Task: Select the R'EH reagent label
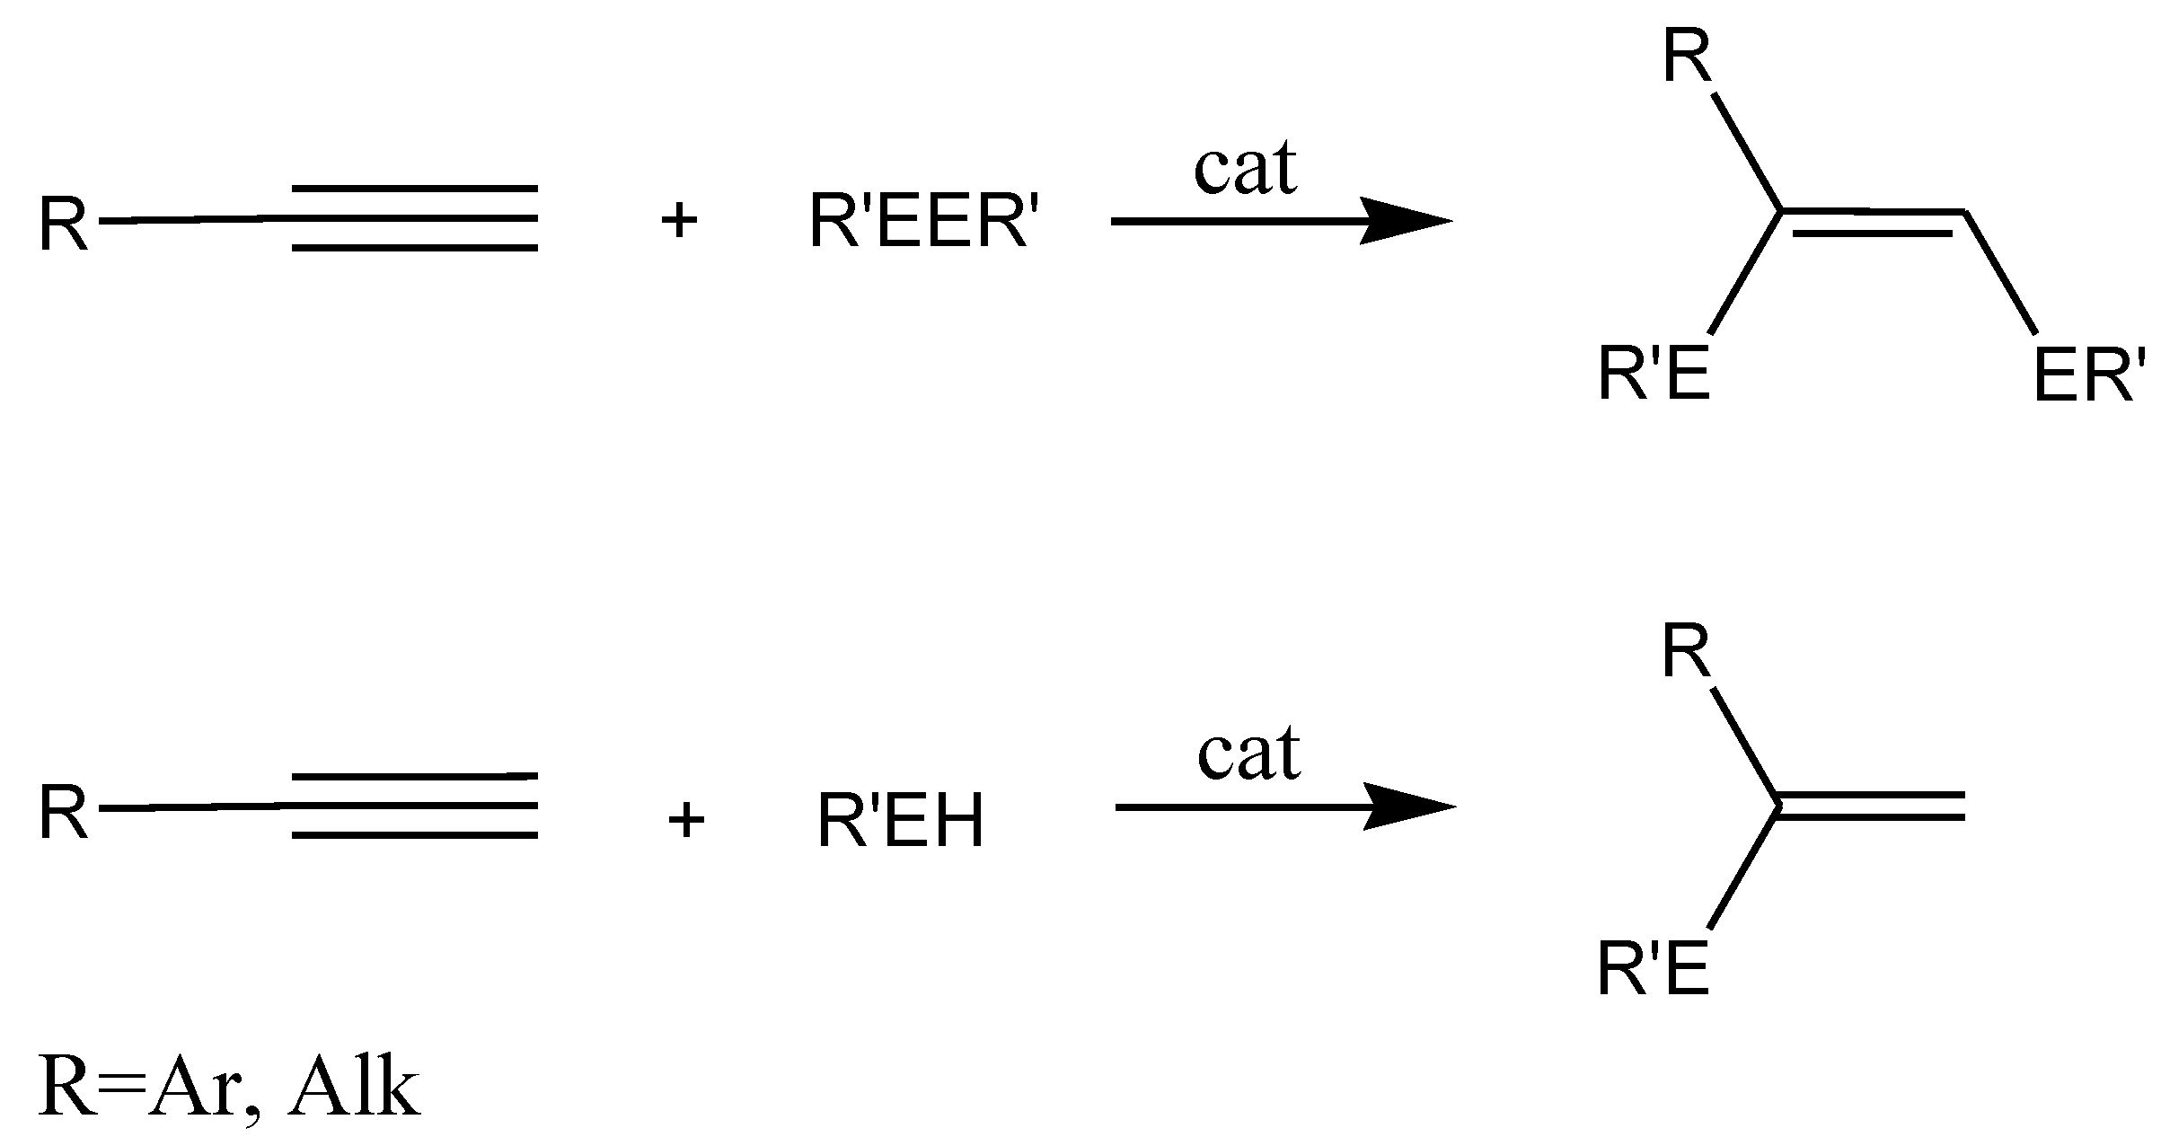pos(900,821)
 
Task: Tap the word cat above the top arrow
pos(1245,169)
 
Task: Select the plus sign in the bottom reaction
pos(686,820)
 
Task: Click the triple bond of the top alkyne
pos(415,218)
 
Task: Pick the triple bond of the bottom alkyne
pos(415,805)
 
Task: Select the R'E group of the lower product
pos(1653,972)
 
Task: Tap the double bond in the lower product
pos(1872,806)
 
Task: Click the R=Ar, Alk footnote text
pos(229,1089)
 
